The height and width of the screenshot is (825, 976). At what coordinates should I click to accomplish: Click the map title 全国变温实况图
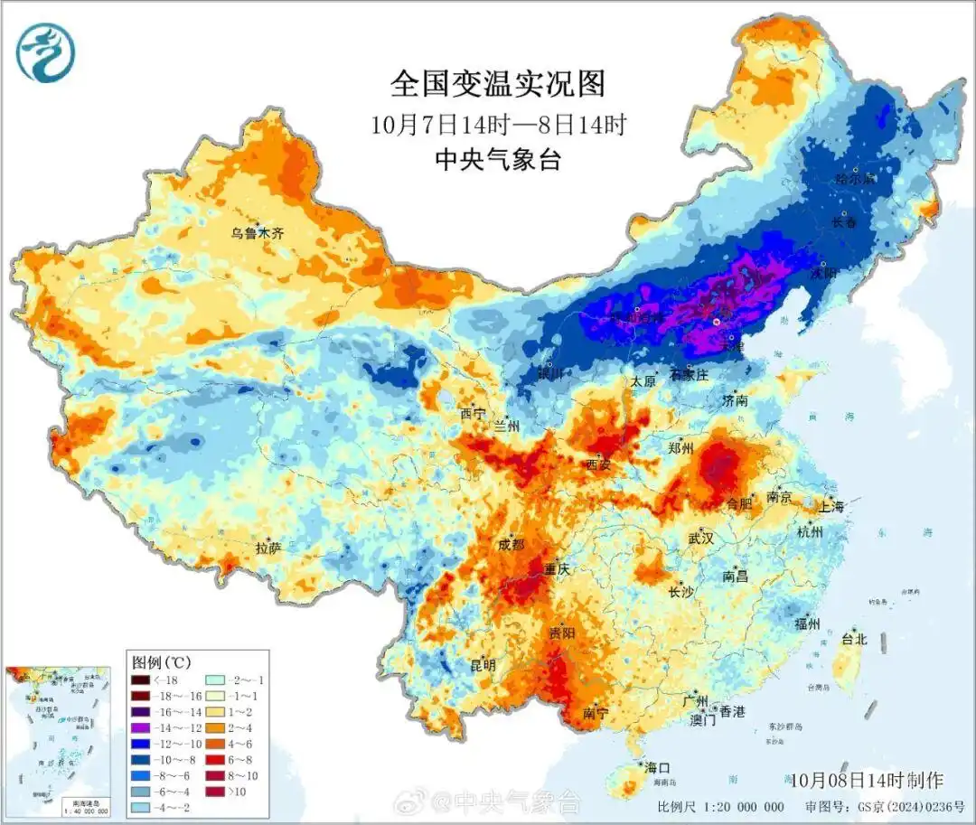point(498,84)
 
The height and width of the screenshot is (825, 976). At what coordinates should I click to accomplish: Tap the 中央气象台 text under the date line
point(498,160)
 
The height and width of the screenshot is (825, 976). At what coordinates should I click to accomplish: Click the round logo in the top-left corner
point(45,52)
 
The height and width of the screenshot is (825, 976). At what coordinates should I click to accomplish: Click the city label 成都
point(511,545)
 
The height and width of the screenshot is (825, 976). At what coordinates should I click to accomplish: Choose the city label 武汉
point(700,538)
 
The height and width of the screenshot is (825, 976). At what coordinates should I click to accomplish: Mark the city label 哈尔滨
point(856,179)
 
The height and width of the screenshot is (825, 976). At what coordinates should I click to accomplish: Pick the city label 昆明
point(483,664)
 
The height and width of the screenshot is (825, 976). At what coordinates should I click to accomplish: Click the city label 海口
point(658,767)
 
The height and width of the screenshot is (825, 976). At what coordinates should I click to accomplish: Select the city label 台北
point(854,639)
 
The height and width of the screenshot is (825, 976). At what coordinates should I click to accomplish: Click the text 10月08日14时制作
point(865,779)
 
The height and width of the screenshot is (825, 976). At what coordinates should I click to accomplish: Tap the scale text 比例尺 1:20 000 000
point(720,806)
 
